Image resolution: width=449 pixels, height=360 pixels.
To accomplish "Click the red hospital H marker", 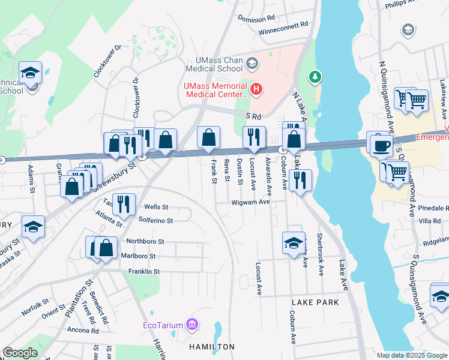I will pos(256,90).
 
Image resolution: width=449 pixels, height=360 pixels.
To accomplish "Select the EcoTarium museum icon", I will pos(192,325).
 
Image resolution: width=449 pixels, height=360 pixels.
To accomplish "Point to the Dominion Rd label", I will pos(256,19).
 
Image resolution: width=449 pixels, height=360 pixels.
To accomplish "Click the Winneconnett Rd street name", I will pos(283,31).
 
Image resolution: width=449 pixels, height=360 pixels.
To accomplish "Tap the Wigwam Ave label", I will pos(251,202).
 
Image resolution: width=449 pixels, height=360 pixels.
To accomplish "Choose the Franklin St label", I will pos(143,272).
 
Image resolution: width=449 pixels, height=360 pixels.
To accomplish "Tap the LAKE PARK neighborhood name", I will pos(316,302).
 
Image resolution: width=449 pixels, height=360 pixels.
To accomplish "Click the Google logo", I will pos(20,353).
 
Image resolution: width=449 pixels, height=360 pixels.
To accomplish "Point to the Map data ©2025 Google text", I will pos(411,355).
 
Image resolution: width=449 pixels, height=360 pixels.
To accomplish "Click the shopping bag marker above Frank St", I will pos(208,138).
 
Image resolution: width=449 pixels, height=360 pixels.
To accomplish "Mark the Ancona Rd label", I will pos(83,331).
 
